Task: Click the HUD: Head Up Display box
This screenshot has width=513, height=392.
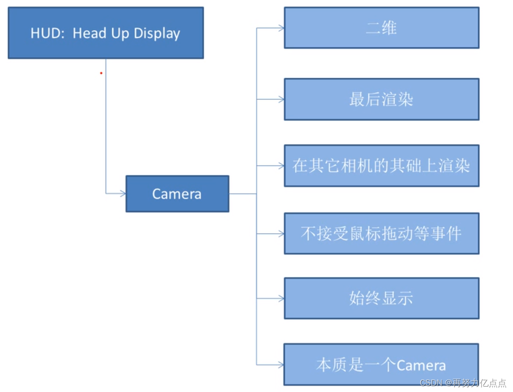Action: pyautogui.click(x=105, y=33)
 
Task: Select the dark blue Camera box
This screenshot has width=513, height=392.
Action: pyautogui.click(x=177, y=194)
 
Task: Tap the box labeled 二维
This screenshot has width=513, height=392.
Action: pyautogui.click(x=381, y=28)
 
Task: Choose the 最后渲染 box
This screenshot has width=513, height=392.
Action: pyautogui.click(x=381, y=99)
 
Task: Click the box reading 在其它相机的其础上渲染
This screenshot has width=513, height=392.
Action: pyautogui.click(x=381, y=166)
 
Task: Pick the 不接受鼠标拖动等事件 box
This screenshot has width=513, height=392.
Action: pyautogui.click(x=381, y=233)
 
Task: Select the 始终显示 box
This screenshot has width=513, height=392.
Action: pyautogui.click(x=381, y=298)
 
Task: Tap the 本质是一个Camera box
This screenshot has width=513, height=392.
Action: pyautogui.click(x=381, y=365)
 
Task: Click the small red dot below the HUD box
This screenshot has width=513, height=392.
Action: pyautogui.click(x=101, y=73)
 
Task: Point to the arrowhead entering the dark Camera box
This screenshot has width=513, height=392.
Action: pyautogui.click(x=123, y=194)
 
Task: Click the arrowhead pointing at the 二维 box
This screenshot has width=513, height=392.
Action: pyautogui.click(x=281, y=28)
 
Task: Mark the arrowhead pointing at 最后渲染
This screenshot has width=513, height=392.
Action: pyautogui.click(x=281, y=99)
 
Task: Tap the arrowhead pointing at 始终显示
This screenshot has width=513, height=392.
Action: pyautogui.click(x=281, y=298)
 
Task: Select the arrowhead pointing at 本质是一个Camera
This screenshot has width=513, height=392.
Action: pyautogui.click(x=281, y=365)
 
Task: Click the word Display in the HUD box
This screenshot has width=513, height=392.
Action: pyautogui.click(x=157, y=33)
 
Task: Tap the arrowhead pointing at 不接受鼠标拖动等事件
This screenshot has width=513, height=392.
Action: pyautogui.click(x=281, y=233)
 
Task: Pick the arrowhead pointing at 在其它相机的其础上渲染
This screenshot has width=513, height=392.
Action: pyautogui.click(x=281, y=166)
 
